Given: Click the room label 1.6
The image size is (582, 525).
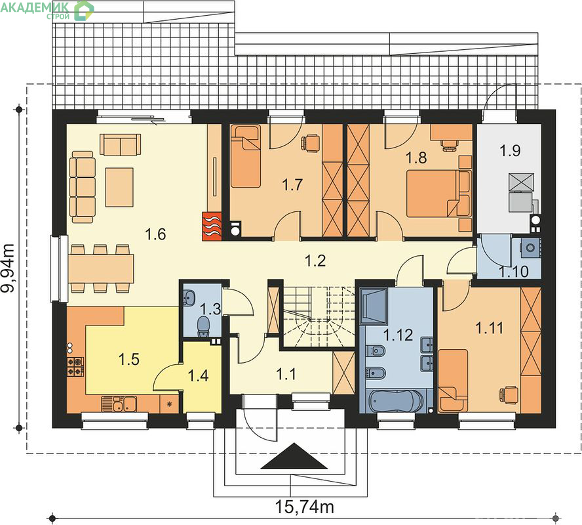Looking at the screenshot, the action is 155,234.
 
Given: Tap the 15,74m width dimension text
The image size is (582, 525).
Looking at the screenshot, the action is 304,506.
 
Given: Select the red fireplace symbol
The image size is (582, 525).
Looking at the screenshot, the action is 212,226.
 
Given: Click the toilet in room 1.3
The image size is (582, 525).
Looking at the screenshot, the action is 203,326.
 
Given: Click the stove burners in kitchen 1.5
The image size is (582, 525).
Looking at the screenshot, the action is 75,367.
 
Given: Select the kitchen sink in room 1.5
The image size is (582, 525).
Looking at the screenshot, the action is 119,404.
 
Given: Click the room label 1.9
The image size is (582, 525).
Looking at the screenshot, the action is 510,150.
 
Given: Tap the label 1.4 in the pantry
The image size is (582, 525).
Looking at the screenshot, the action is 199,375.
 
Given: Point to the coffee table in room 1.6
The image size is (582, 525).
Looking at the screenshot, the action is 119,187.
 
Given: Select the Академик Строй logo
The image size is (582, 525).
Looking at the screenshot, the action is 47,10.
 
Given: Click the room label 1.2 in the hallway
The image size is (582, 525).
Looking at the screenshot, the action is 315,261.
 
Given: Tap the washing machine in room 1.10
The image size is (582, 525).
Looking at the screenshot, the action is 530,247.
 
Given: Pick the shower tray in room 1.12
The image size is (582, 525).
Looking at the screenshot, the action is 374,306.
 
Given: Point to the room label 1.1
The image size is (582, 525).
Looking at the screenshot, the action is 286,374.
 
